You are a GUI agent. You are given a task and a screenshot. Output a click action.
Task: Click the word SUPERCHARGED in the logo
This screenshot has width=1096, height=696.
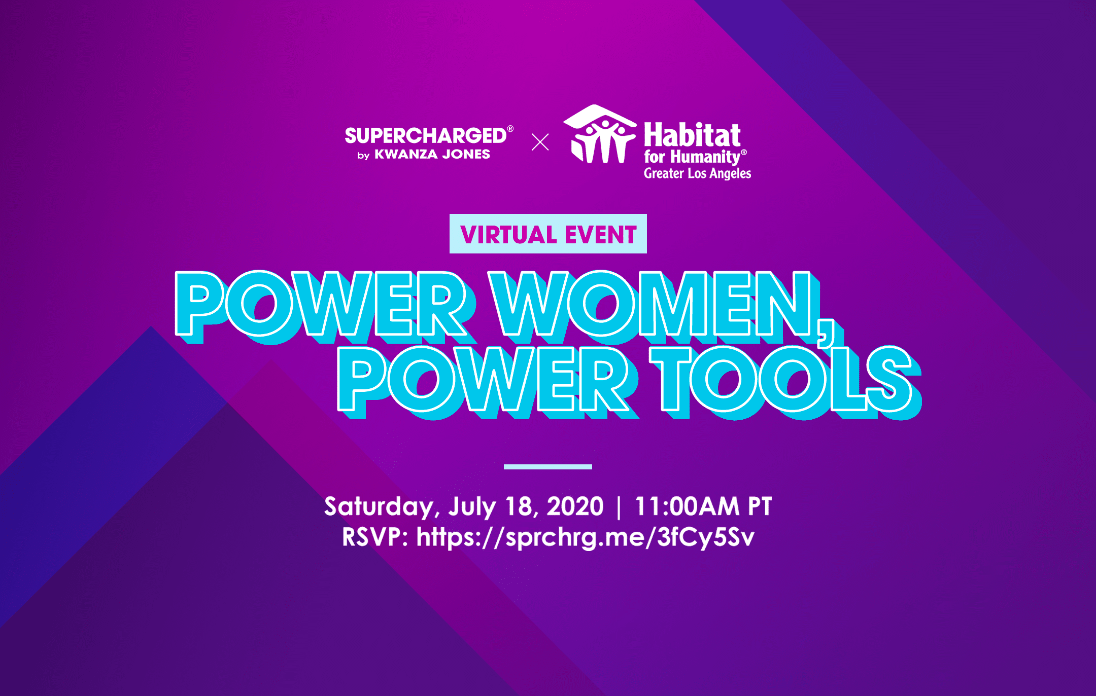tap(425, 136)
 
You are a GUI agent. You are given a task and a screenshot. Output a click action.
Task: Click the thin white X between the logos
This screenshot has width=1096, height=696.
tap(540, 142)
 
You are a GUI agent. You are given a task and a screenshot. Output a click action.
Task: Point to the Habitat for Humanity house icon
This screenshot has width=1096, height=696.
tap(600, 134)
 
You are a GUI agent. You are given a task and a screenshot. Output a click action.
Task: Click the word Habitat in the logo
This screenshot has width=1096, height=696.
tap(692, 135)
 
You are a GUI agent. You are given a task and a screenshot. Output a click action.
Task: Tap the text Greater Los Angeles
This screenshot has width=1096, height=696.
tap(697, 173)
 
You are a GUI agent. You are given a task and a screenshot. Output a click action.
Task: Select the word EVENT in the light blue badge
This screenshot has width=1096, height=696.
tap(601, 235)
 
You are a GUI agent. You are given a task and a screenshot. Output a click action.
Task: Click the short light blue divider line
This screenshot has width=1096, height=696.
tap(548, 466)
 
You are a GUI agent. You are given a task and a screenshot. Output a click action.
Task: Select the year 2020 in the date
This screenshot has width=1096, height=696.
tap(575, 506)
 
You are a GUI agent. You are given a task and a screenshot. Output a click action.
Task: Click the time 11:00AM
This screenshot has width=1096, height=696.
tap(687, 506)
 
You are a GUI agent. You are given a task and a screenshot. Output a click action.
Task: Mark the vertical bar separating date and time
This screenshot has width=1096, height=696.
tap(619, 507)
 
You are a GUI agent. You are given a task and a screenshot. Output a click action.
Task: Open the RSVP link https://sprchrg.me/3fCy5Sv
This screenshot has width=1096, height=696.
tap(585, 538)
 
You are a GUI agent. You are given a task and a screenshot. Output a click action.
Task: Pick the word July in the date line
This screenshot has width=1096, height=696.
tap(472, 507)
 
